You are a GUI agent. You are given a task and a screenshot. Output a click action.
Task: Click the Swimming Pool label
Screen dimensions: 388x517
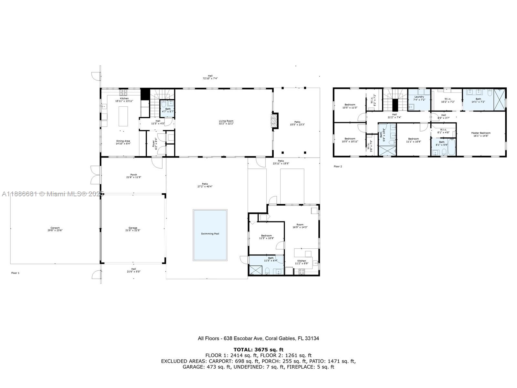click(x=210, y=234)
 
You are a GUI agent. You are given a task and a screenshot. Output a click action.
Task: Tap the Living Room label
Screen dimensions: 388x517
click(x=226, y=121)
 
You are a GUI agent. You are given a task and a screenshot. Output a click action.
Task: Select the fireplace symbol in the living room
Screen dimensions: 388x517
click(x=274, y=121)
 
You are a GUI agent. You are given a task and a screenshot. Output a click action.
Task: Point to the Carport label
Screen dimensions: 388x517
click(x=55, y=228)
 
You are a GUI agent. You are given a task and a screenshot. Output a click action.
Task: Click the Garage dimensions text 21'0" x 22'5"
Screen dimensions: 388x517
click(x=133, y=231)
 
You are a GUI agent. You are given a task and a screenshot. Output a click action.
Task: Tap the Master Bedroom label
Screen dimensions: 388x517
click(x=480, y=133)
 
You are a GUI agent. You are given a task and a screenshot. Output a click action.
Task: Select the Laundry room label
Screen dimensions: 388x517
click(x=419, y=97)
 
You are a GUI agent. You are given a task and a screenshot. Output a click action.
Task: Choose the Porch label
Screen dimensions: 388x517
click(x=133, y=175)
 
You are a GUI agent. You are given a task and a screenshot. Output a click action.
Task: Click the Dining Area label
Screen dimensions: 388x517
click(x=123, y=141)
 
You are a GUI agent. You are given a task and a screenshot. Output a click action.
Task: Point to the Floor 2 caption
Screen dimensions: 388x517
click(x=338, y=167)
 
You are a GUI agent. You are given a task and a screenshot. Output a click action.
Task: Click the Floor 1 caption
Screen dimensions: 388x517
click(x=15, y=273)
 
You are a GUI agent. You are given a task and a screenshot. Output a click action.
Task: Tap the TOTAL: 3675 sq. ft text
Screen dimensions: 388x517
click(x=258, y=350)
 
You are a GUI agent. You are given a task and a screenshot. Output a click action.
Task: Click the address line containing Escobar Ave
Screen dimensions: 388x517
click(x=258, y=339)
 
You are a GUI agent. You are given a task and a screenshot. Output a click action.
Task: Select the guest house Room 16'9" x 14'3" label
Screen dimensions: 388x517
click(x=300, y=225)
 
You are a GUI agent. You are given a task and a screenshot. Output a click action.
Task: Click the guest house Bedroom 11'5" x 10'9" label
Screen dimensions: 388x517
click(x=267, y=236)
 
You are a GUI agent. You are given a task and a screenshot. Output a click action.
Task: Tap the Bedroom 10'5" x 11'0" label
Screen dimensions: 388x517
click(x=350, y=105)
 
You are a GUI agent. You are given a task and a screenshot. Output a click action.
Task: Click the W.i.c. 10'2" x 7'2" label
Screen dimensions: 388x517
click(x=448, y=99)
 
